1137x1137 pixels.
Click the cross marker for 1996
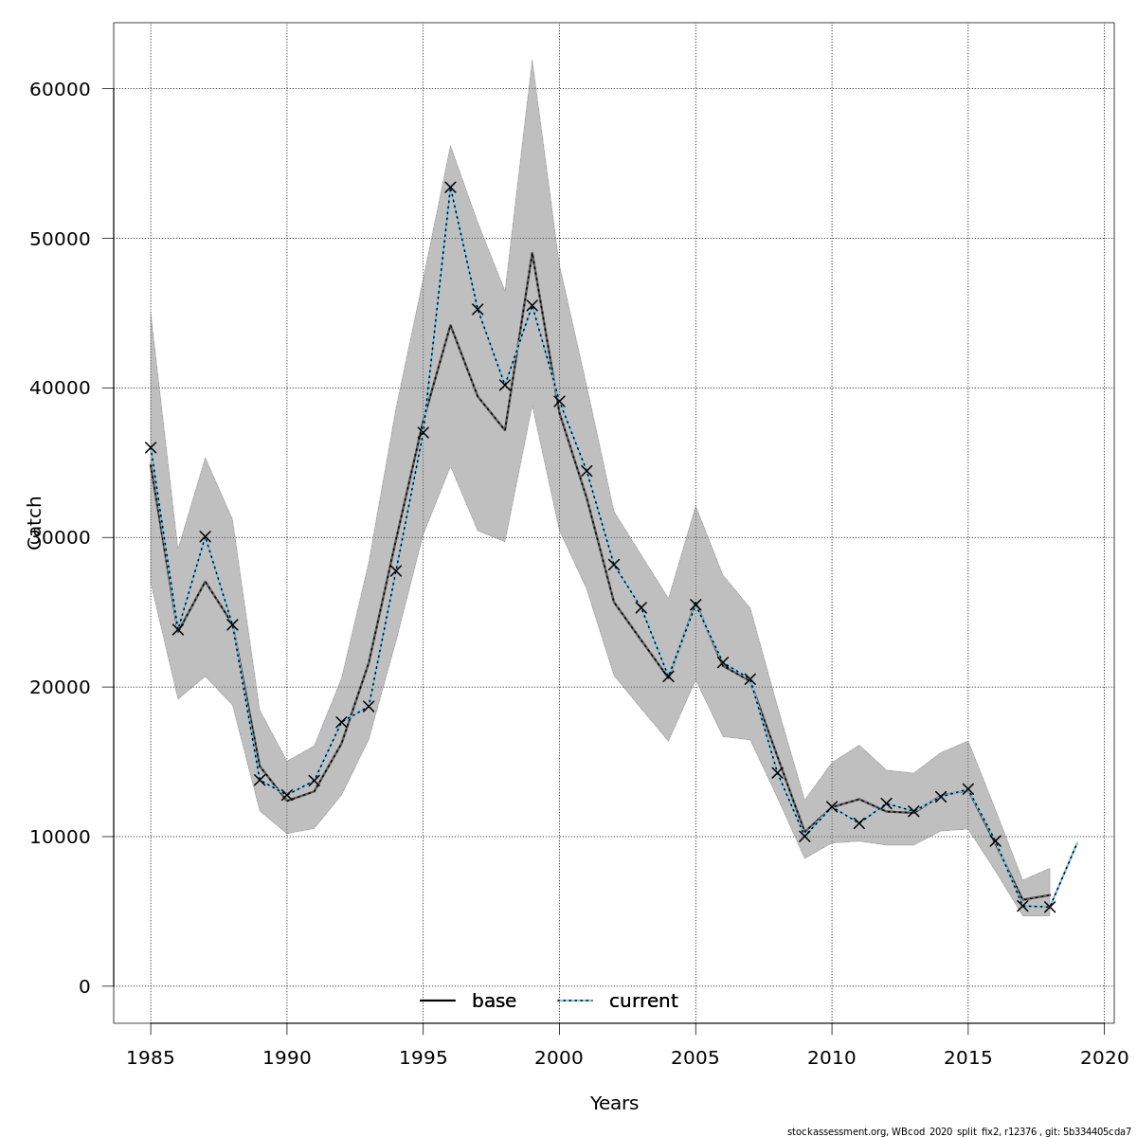pyautogui.click(x=450, y=188)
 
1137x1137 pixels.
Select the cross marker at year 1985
pyautogui.click(x=151, y=447)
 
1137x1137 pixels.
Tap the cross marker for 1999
pyautogui.click(x=532, y=306)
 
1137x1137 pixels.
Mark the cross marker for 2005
pyautogui.click(x=695, y=605)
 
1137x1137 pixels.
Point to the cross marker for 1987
pyautogui.click(x=205, y=536)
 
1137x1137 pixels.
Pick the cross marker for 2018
pyautogui.click(x=1050, y=907)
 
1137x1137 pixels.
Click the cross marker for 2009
pyautogui.click(x=804, y=837)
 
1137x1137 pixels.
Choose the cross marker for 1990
pyautogui.click(x=286, y=796)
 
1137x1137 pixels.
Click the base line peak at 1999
pyautogui.click(x=532, y=253)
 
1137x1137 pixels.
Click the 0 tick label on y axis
pyautogui.click(x=84, y=986)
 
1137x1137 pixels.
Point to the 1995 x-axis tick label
pyautogui.click(x=423, y=1056)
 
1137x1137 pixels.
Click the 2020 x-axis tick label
pyautogui.click(x=1104, y=1056)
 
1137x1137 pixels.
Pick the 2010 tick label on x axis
pyautogui.click(x=832, y=1056)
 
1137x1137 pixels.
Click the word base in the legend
pyautogui.click(x=494, y=1002)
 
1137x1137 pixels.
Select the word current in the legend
pyautogui.click(x=643, y=1002)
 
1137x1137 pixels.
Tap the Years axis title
pyautogui.click(x=614, y=1104)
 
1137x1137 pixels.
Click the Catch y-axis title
pyautogui.click(x=35, y=522)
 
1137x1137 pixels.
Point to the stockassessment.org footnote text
pyautogui.click(x=959, y=1131)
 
